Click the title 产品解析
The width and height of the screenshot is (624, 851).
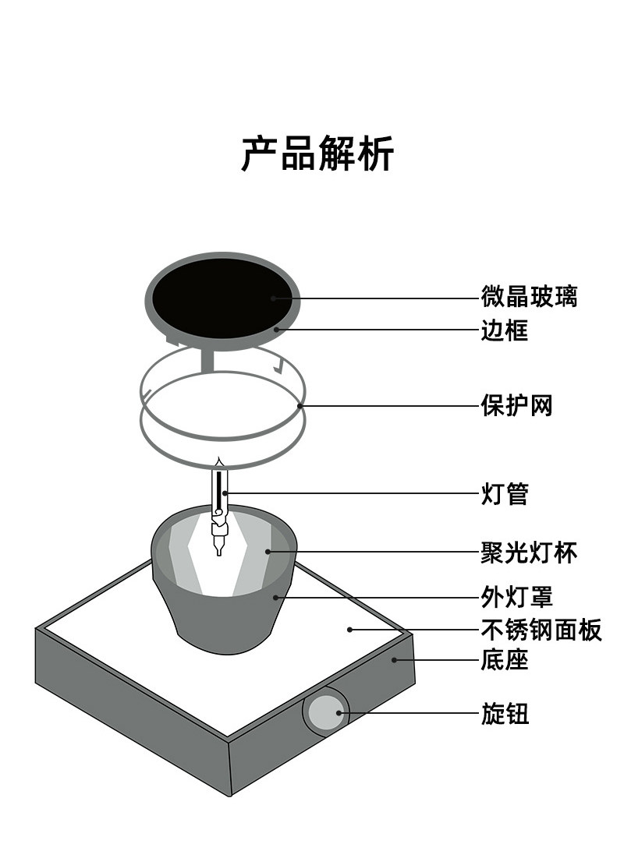click(x=317, y=153)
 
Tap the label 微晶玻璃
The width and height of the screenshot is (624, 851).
click(x=529, y=297)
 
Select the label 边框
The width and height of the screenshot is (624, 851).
click(x=504, y=330)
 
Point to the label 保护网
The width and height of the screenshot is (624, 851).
click(x=516, y=405)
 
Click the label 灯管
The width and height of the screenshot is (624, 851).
click(x=504, y=493)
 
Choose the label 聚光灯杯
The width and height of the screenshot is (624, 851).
click(x=529, y=553)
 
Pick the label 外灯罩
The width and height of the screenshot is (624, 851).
click(x=516, y=598)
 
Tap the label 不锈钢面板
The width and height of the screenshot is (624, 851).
click(x=541, y=630)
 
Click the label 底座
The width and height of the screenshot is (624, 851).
click(x=504, y=661)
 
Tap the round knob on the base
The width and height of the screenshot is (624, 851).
click(x=325, y=713)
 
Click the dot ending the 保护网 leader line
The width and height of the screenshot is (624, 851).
click(x=300, y=405)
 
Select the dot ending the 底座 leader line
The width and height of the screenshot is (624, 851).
click(x=395, y=660)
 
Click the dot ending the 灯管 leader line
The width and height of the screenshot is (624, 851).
click(x=225, y=493)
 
